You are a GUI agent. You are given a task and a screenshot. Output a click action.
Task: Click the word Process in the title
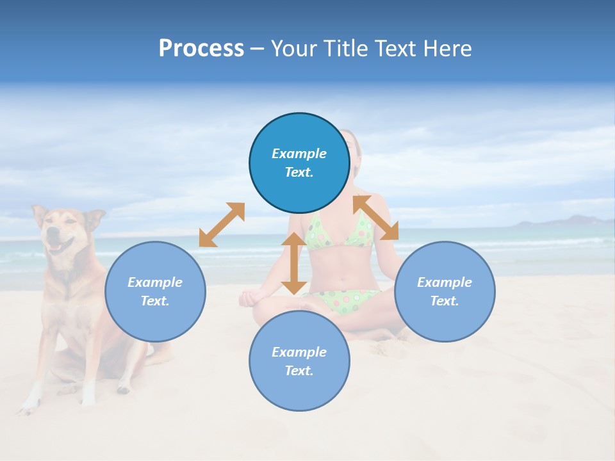[x=201, y=49]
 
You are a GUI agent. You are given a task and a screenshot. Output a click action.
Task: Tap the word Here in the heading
[x=447, y=49]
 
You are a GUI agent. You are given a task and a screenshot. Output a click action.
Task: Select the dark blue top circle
[x=299, y=163]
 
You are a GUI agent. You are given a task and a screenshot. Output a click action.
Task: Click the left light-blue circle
[x=155, y=291]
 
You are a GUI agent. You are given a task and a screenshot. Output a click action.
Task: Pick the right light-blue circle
[x=445, y=291]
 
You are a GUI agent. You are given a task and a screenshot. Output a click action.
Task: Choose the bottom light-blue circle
[x=299, y=361]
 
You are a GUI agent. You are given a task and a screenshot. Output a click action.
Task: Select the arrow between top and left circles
[x=222, y=225]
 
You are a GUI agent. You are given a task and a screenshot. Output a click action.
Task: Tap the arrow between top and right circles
[x=376, y=218]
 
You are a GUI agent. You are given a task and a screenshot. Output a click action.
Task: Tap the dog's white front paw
[x=28, y=403]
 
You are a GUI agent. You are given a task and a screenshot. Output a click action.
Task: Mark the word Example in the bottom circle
[x=299, y=352]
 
